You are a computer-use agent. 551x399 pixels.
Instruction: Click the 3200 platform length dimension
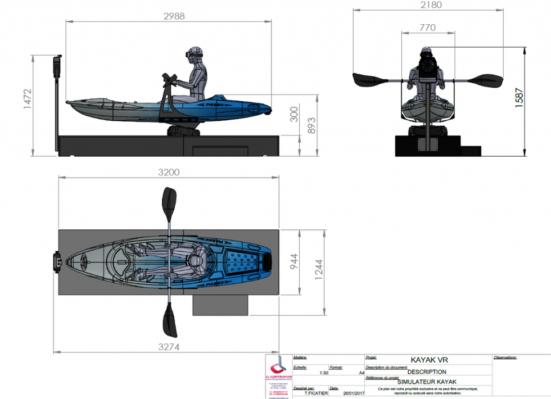pos(168,172)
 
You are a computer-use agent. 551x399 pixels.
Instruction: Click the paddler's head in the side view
pos(195,56)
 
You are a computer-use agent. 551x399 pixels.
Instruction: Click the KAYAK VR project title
pos(429,360)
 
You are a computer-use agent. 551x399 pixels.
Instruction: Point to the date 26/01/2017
pos(350,393)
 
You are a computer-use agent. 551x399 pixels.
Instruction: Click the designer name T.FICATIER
pos(313,393)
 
